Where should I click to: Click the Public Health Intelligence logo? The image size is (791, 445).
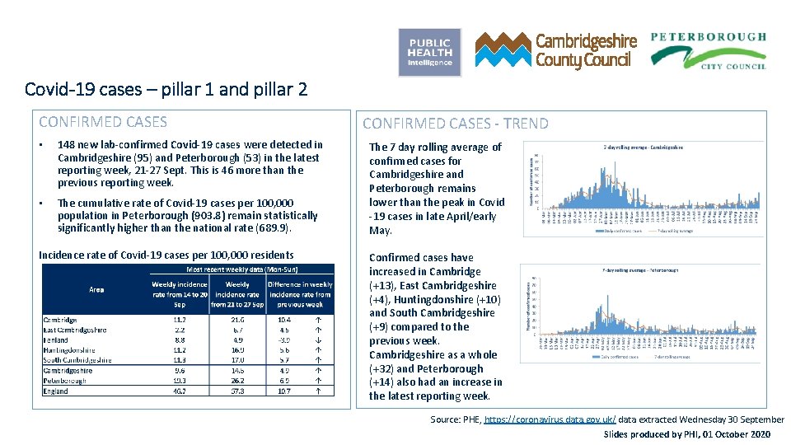point(429,52)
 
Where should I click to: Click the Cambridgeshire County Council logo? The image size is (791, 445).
point(556,50)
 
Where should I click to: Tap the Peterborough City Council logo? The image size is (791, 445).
point(708,50)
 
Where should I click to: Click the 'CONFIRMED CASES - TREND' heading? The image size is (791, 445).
point(455,124)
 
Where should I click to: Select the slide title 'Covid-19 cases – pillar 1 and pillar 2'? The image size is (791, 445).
point(166,88)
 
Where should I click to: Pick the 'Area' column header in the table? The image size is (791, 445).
point(96,289)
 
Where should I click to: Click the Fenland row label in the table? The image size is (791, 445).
point(57,340)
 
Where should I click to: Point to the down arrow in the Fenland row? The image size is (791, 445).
point(318,340)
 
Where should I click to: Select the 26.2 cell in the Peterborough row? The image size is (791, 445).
point(237,381)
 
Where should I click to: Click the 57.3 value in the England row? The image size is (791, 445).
point(237,391)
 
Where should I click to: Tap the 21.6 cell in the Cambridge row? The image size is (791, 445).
point(237,320)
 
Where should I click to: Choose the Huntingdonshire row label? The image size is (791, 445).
point(69,349)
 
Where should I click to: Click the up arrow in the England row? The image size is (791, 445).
point(318,391)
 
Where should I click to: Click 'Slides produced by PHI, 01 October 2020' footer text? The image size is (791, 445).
point(687,434)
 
